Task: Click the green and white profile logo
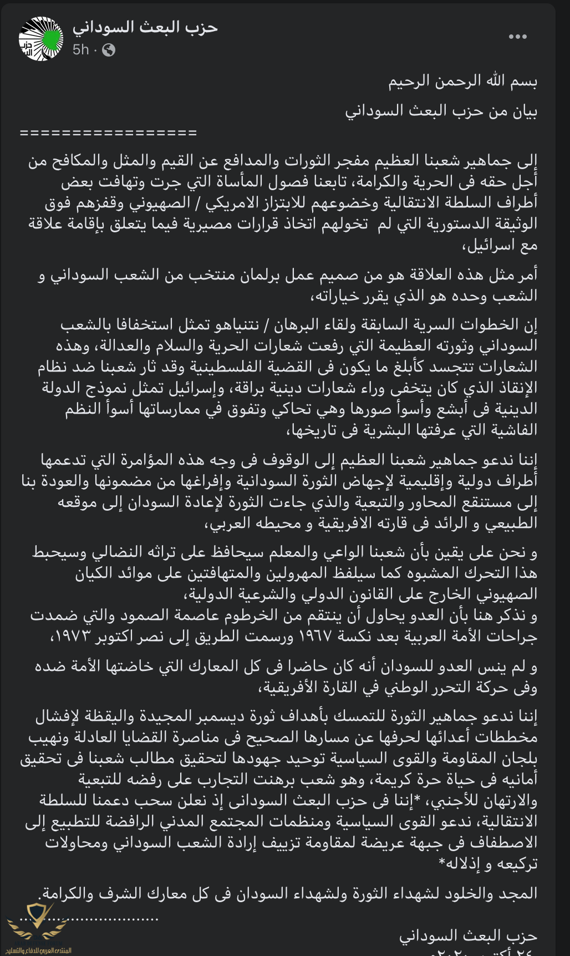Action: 41,38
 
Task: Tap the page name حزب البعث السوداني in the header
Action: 145,27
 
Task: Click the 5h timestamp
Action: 80,50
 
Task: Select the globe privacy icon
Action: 109,50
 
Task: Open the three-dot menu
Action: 517,37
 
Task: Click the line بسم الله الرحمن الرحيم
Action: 462,82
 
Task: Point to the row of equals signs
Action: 108,133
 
